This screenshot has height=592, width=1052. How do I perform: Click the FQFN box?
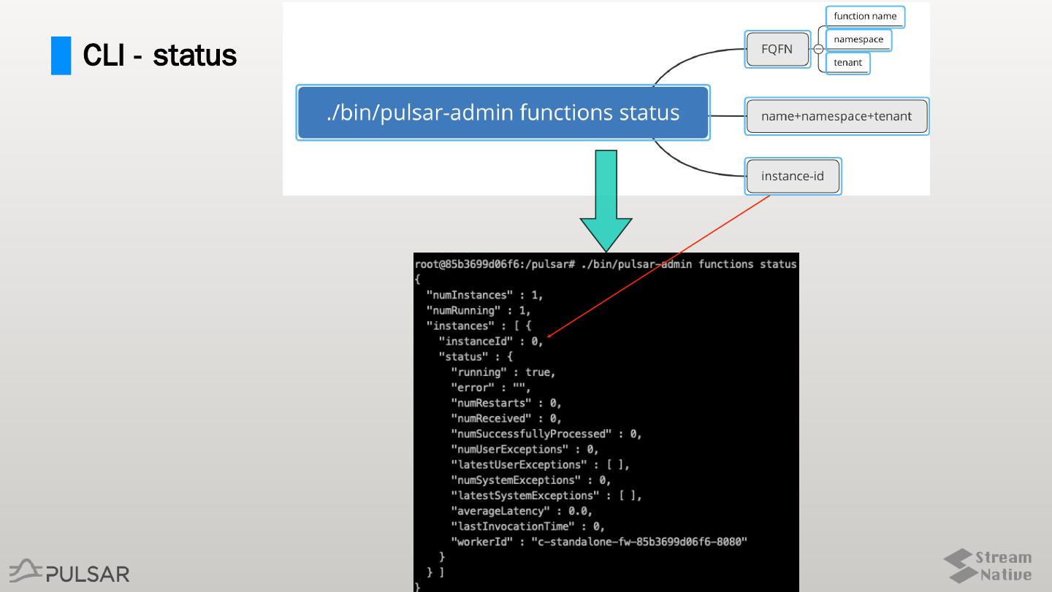[x=777, y=50]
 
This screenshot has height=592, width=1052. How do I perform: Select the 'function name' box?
[x=865, y=17]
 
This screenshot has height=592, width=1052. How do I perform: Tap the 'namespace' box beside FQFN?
[x=858, y=39]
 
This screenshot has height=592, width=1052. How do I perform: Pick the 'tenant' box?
[x=847, y=63]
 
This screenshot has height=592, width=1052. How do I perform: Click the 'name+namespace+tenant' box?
[x=836, y=116]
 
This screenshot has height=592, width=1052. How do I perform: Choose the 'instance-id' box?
[x=793, y=176]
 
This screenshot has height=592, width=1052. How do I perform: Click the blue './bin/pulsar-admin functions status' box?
[x=503, y=113]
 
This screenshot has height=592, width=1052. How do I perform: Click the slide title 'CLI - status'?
[x=159, y=55]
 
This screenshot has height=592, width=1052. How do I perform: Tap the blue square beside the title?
[x=61, y=56]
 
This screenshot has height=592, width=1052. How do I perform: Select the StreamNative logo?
[x=988, y=566]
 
